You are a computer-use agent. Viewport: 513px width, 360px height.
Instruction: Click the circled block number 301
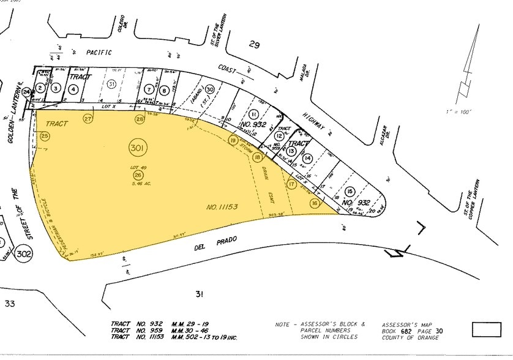coord(137,148)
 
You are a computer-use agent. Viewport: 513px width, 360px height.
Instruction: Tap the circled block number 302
coord(24,253)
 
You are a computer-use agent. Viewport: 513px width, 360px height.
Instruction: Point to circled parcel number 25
coord(44,135)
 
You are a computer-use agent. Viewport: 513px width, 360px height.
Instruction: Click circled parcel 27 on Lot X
coord(88,119)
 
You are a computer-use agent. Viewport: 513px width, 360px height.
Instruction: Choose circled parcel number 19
coord(233,140)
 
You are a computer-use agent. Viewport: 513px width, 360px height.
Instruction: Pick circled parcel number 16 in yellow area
coord(314,203)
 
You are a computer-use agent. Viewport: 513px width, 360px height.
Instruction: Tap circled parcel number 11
coord(253,114)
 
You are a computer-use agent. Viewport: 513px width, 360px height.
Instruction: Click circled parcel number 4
coord(73,89)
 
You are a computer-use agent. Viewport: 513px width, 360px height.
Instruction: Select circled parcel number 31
coord(111,83)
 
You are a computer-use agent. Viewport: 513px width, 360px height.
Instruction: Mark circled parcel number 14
coord(307,159)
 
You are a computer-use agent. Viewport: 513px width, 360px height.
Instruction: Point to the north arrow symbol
coord(468,67)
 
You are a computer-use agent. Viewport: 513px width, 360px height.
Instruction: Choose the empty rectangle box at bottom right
coord(486,329)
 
